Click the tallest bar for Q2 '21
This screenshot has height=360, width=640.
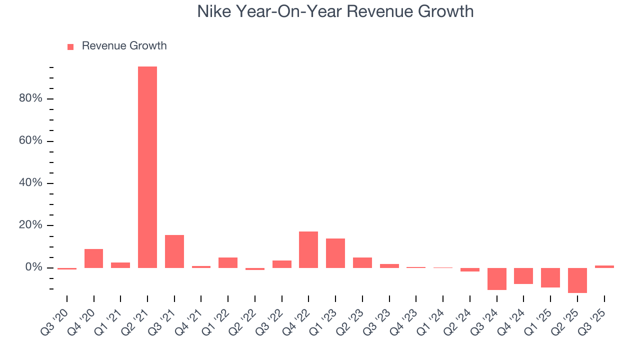click(x=147, y=167)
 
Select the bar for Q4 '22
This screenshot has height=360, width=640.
click(x=308, y=249)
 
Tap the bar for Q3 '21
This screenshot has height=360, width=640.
click(x=174, y=251)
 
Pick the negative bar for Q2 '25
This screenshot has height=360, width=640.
click(x=577, y=280)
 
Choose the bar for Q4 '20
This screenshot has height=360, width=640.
click(x=93, y=258)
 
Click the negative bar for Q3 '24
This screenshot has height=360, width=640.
click(x=496, y=278)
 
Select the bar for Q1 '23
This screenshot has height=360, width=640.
click(x=335, y=253)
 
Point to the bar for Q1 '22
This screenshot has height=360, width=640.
click(x=228, y=262)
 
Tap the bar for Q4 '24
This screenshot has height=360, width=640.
click(x=523, y=275)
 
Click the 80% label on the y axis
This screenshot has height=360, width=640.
click(x=30, y=98)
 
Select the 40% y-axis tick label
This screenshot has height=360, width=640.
click(x=30, y=183)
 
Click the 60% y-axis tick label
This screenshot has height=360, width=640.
click(x=30, y=140)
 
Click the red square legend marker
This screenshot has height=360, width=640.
click(x=70, y=46)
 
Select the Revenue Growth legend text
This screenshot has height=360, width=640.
click(x=124, y=46)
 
